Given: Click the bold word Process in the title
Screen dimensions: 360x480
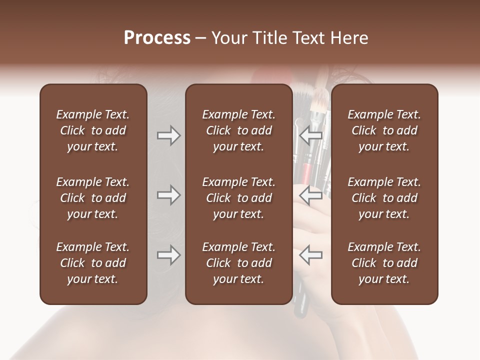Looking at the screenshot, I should click(x=157, y=38).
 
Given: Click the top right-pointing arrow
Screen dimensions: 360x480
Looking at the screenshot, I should click(x=168, y=135).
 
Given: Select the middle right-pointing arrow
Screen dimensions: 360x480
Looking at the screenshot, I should click(x=168, y=195).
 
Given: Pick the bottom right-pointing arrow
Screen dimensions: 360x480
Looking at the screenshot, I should click(x=168, y=255).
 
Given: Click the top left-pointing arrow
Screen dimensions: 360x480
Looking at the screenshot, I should click(x=310, y=135).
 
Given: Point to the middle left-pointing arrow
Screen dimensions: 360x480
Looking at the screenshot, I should click(x=310, y=195).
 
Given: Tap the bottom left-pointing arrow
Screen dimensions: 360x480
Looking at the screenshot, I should click(x=310, y=255).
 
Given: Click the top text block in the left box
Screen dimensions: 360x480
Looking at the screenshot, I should click(x=93, y=130).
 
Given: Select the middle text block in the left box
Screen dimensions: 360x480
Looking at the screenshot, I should click(x=93, y=198).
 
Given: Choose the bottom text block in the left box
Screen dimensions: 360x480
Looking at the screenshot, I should click(x=93, y=263).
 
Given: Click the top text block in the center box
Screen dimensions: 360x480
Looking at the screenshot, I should click(x=238, y=130).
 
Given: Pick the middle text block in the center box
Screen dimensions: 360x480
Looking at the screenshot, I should click(x=238, y=198).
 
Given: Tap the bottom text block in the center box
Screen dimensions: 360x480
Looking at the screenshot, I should click(x=238, y=263).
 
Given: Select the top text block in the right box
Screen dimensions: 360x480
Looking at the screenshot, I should click(x=384, y=130).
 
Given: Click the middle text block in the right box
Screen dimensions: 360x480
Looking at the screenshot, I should click(x=384, y=198).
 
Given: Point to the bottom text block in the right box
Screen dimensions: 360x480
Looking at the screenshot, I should click(x=384, y=263).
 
